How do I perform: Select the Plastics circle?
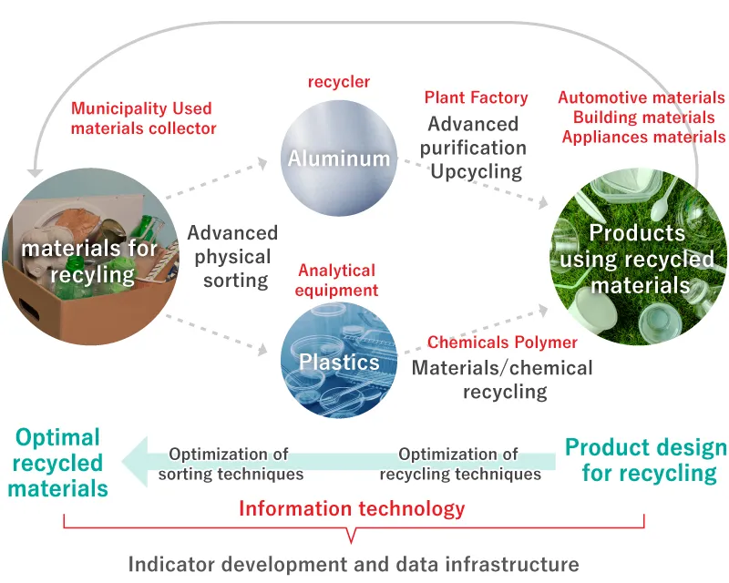tap(339, 361)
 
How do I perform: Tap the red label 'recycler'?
tap(339, 82)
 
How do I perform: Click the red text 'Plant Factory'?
tap(476, 97)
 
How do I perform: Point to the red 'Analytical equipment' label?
tap(337, 281)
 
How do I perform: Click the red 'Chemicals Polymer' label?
tap(502, 343)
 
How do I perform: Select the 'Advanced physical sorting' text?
tap(232, 257)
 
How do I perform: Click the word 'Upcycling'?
tap(477, 170)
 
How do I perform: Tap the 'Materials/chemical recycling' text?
tap(502, 380)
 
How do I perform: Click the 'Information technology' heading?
tap(352, 508)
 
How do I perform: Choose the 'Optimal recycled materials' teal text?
tap(58, 463)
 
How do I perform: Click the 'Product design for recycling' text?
tap(645, 460)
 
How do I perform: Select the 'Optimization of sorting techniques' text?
tap(230, 464)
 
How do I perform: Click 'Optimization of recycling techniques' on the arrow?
tap(459, 464)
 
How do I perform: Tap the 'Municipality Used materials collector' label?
tap(144, 118)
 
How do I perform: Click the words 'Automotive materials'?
tap(642, 97)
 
